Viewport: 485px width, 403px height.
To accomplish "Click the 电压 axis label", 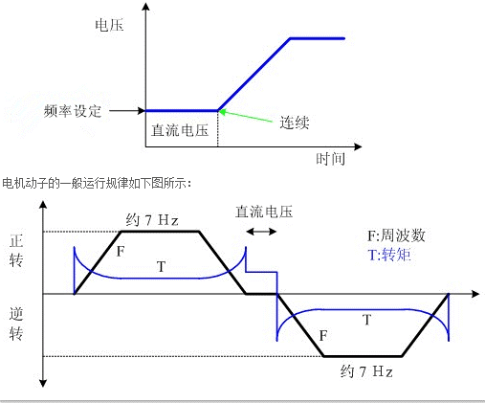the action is (x=109, y=25).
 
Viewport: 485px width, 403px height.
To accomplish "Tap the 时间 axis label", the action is (x=330, y=159).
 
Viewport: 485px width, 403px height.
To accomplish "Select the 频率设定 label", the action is (x=73, y=111).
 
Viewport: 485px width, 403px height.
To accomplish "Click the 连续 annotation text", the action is (x=295, y=123).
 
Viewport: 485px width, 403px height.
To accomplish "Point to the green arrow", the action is (x=246, y=116).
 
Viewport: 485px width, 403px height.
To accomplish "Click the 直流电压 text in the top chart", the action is (x=180, y=130).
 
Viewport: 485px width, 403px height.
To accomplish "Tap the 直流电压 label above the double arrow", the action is (x=264, y=212).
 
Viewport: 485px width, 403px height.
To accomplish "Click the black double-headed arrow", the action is (x=261, y=232).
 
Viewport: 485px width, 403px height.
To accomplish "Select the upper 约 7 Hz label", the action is (x=152, y=220).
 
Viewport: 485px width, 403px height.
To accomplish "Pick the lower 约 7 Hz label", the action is (x=366, y=371).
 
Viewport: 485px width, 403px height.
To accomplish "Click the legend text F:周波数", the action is (x=396, y=235).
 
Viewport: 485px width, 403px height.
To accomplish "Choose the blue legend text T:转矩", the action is (x=389, y=255).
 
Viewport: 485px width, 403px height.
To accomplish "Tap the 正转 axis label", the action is (x=16, y=251).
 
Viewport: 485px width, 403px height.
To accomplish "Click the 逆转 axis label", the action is (x=16, y=324).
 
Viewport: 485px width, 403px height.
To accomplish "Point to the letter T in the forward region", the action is (x=162, y=267).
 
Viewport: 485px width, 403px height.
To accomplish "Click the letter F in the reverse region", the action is (x=323, y=336).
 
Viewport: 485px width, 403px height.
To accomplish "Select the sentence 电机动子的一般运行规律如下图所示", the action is (x=95, y=184).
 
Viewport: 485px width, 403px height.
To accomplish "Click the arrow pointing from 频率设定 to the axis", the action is (x=127, y=111).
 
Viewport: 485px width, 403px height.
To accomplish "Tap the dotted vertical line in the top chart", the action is (x=218, y=129).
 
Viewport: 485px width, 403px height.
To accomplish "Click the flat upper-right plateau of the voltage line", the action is (x=318, y=38).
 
